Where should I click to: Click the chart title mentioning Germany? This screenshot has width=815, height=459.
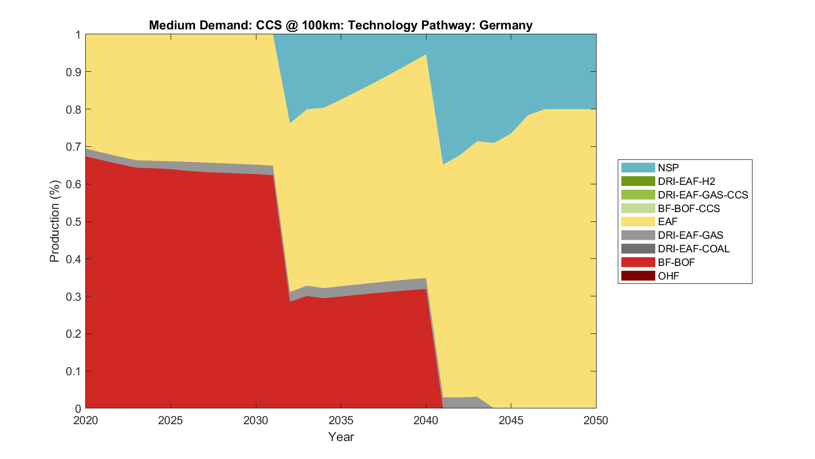[341, 26]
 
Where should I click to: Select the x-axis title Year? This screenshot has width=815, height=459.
[341, 437]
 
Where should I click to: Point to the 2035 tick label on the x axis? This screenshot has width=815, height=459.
[341, 420]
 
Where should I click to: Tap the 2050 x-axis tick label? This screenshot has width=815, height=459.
[596, 420]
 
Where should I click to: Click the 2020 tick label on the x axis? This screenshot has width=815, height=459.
[86, 420]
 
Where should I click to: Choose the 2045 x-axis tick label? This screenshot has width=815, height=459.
[511, 420]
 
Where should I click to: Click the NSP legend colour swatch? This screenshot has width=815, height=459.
[638, 168]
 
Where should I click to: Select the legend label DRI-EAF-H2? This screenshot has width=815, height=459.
[686, 181]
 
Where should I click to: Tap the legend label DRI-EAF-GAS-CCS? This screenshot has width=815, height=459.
[703, 195]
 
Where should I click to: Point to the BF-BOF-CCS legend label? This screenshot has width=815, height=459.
[688, 208]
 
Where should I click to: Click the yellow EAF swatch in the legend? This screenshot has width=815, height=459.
[638, 221]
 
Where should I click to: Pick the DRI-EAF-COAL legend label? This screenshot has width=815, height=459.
[693, 249]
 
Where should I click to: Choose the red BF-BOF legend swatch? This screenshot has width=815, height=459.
[638, 262]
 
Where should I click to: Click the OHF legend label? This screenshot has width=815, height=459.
[668, 276]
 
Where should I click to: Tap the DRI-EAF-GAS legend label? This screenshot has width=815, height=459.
[690, 235]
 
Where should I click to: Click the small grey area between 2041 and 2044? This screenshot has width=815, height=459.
[462, 402]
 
